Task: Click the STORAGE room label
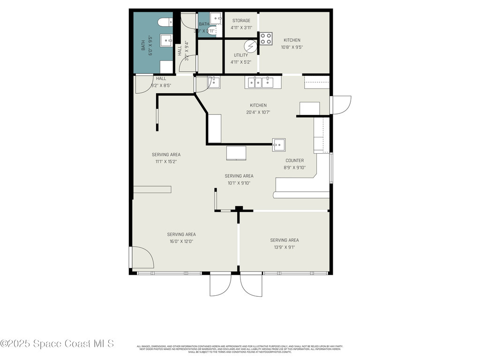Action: tap(241, 21)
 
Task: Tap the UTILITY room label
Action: tap(241, 55)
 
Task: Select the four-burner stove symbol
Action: tap(266, 38)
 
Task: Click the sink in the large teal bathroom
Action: tap(165, 41)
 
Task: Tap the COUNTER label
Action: tap(294, 161)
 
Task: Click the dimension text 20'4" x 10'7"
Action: tap(258, 112)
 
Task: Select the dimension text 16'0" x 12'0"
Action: tap(181, 241)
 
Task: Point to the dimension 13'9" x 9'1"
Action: tap(284, 247)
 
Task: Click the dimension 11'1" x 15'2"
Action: tap(166, 161)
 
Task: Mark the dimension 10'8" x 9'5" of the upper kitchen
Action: tap(292, 47)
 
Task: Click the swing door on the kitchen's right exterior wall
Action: tap(341, 105)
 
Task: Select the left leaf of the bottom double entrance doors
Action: tap(220, 285)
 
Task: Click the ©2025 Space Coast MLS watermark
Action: tap(57, 344)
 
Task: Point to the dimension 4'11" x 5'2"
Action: tap(241, 62)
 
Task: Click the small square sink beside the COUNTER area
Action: tap(279, 145)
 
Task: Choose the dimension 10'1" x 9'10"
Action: tap(239, 183)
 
